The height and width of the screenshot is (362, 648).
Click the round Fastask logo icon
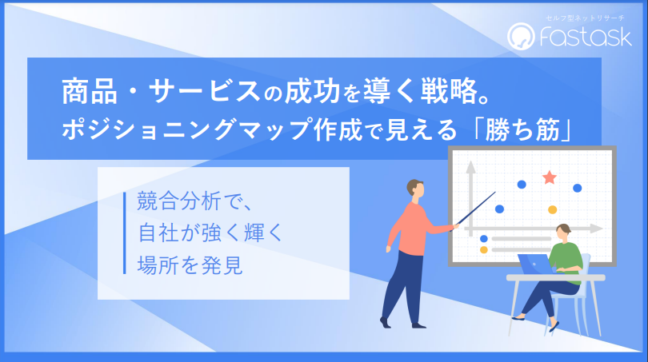[x=521, y=36]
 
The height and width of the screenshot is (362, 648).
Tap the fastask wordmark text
[x=586, y=36]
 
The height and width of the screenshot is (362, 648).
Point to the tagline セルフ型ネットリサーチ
[x=585, y=18]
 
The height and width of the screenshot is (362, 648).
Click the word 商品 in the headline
[x=90, y=91]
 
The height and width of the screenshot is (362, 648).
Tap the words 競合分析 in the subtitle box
[x=178, y=201]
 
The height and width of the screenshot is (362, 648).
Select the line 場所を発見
[x=190, y=265]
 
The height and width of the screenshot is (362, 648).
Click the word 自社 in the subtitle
[x=158, y=233]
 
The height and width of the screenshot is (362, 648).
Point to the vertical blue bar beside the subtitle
[x=124, y=233]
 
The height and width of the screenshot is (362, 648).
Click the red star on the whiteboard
[x=550, y=177]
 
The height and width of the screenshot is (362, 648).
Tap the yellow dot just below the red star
[x=553, y=209]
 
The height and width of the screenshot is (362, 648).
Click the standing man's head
[x=415, y=189]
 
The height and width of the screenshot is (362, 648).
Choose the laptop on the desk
[x=535, y=265]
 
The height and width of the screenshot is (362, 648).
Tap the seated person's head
[x=563, y=232]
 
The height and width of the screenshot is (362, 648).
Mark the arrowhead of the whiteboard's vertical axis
[x=470, y=167]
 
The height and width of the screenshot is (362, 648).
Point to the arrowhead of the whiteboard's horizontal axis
[x=596, y=229]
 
